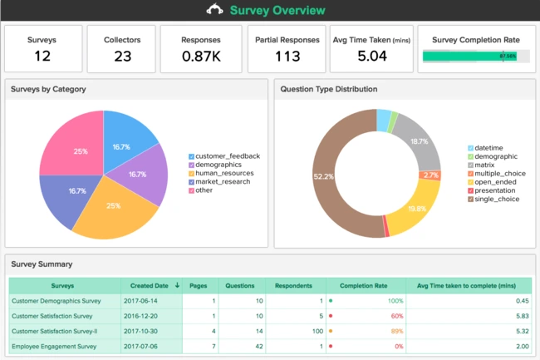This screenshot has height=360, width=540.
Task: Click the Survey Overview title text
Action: pos(277,11)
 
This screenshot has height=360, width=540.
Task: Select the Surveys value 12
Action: pos(42,57)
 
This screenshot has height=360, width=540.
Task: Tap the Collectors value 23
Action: pos(121,57)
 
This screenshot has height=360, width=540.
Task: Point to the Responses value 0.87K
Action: pos(200,57)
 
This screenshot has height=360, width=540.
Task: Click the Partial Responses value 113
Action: pos(287,57)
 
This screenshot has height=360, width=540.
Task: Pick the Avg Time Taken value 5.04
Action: pos(371,57)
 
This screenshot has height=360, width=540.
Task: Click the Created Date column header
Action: pos(150,285)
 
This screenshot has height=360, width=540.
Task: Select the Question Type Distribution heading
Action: pos(328,89)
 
